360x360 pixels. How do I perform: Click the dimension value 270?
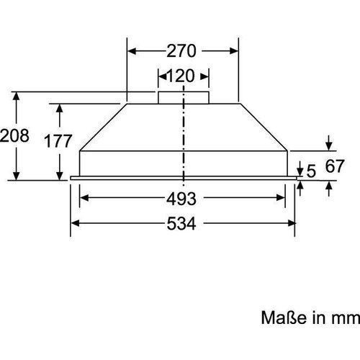(183, 51)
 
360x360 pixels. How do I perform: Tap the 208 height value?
(14, 136)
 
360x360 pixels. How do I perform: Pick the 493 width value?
(183, 197)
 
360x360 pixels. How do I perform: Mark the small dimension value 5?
(310, 171)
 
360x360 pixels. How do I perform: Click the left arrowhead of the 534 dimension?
(73, 222)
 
